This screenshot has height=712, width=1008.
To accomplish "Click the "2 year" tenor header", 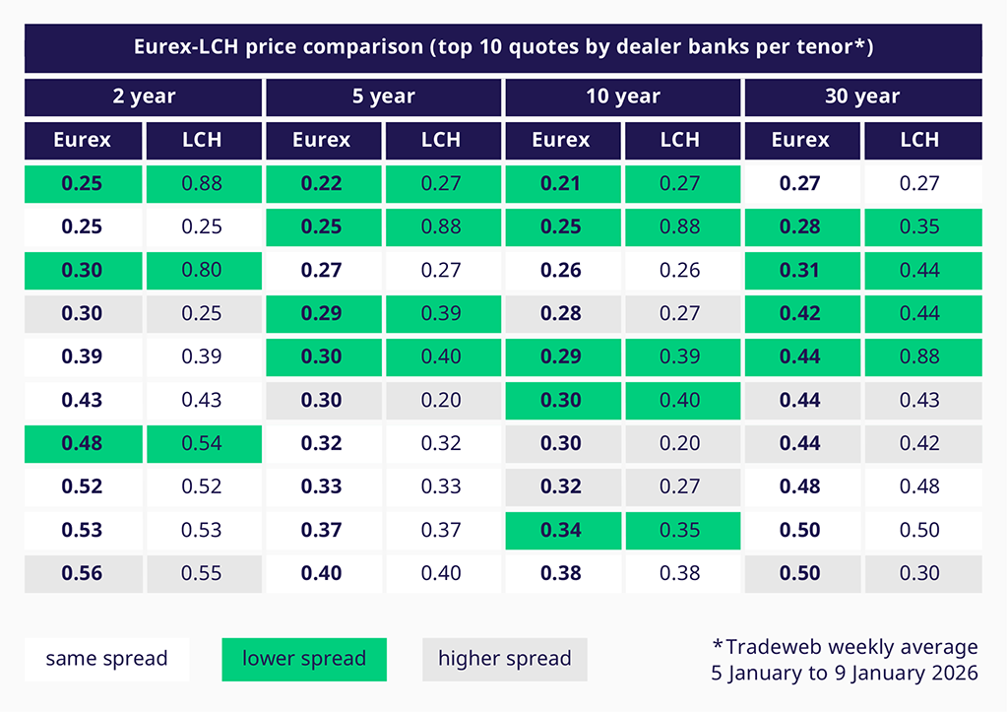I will click(x=144, y=97).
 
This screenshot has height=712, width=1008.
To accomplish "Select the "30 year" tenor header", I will click(x=862, y=97).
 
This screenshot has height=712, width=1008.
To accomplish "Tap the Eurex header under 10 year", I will click(x=561, y=140).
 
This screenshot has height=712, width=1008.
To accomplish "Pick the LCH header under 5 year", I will click(x=441, y=140).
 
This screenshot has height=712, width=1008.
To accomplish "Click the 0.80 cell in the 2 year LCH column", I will click(x=202, y=270).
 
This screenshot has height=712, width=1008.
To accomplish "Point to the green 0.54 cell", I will click(x=202, y=443).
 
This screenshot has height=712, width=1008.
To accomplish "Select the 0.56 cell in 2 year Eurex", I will click(x=82, y=573).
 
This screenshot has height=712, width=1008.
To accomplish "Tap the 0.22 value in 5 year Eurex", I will click(x=322, y=183).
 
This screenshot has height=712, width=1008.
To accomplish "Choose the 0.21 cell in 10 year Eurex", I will click(x=561, y=183).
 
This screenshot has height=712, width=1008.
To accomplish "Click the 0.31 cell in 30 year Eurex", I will click(x=800, y=270).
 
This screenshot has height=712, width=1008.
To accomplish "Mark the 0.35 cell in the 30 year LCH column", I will click(x=919, y=227).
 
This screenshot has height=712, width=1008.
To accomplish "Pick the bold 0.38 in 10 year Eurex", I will click(x=561, y=573).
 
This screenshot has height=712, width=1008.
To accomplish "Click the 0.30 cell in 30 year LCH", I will click(x=919, y=573).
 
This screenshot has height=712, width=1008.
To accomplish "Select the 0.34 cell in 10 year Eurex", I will click(x=561, y=530).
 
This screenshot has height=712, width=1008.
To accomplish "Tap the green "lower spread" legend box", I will click(x=304, y=659).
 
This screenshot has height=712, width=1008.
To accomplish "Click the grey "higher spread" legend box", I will click(x=504, y=659).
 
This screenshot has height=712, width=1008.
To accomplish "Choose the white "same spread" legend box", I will click(x=106, y=659).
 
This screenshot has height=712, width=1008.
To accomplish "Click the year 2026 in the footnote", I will click(x=951, y=674).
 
